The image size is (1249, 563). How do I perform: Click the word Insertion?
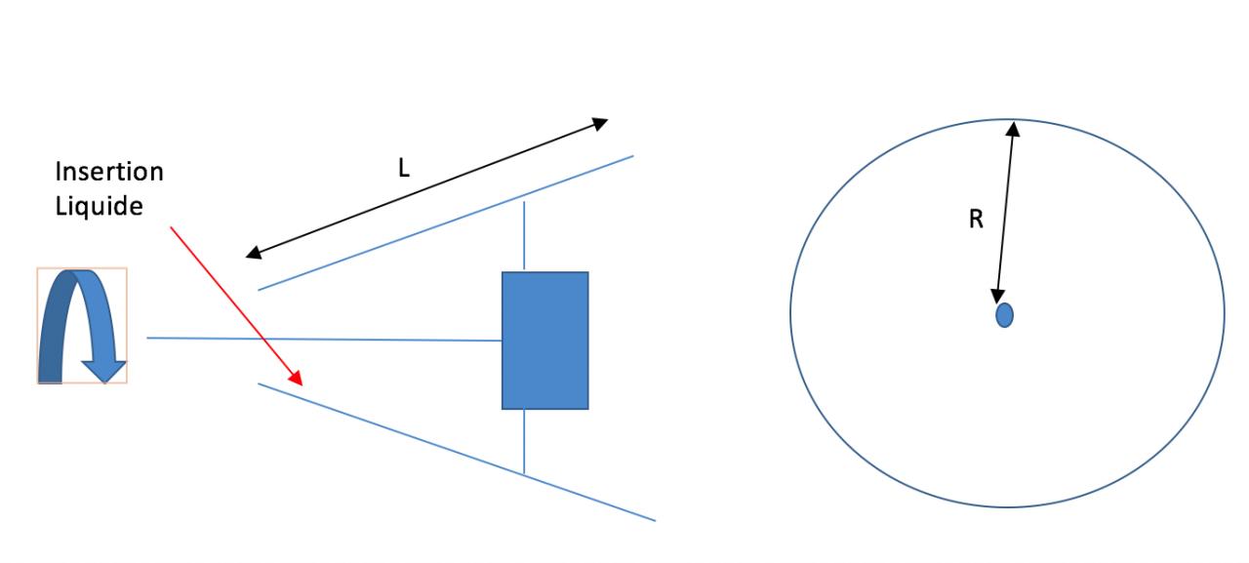(109, 173)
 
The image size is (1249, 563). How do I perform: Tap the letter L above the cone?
(404, 167)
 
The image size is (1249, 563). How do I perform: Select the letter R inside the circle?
(975, 221)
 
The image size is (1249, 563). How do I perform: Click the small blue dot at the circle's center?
(1004, 315)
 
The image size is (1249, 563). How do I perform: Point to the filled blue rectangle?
(544, 340)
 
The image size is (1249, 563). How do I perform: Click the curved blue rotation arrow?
(82, 326)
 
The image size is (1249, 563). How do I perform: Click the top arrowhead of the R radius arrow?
(1015, 127)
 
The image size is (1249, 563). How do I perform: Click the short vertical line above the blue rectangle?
(525, 235)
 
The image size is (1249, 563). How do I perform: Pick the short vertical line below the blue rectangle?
(525, 441)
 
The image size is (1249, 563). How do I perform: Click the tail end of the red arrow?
(173, 228)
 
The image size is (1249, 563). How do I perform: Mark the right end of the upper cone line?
(632, 154)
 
